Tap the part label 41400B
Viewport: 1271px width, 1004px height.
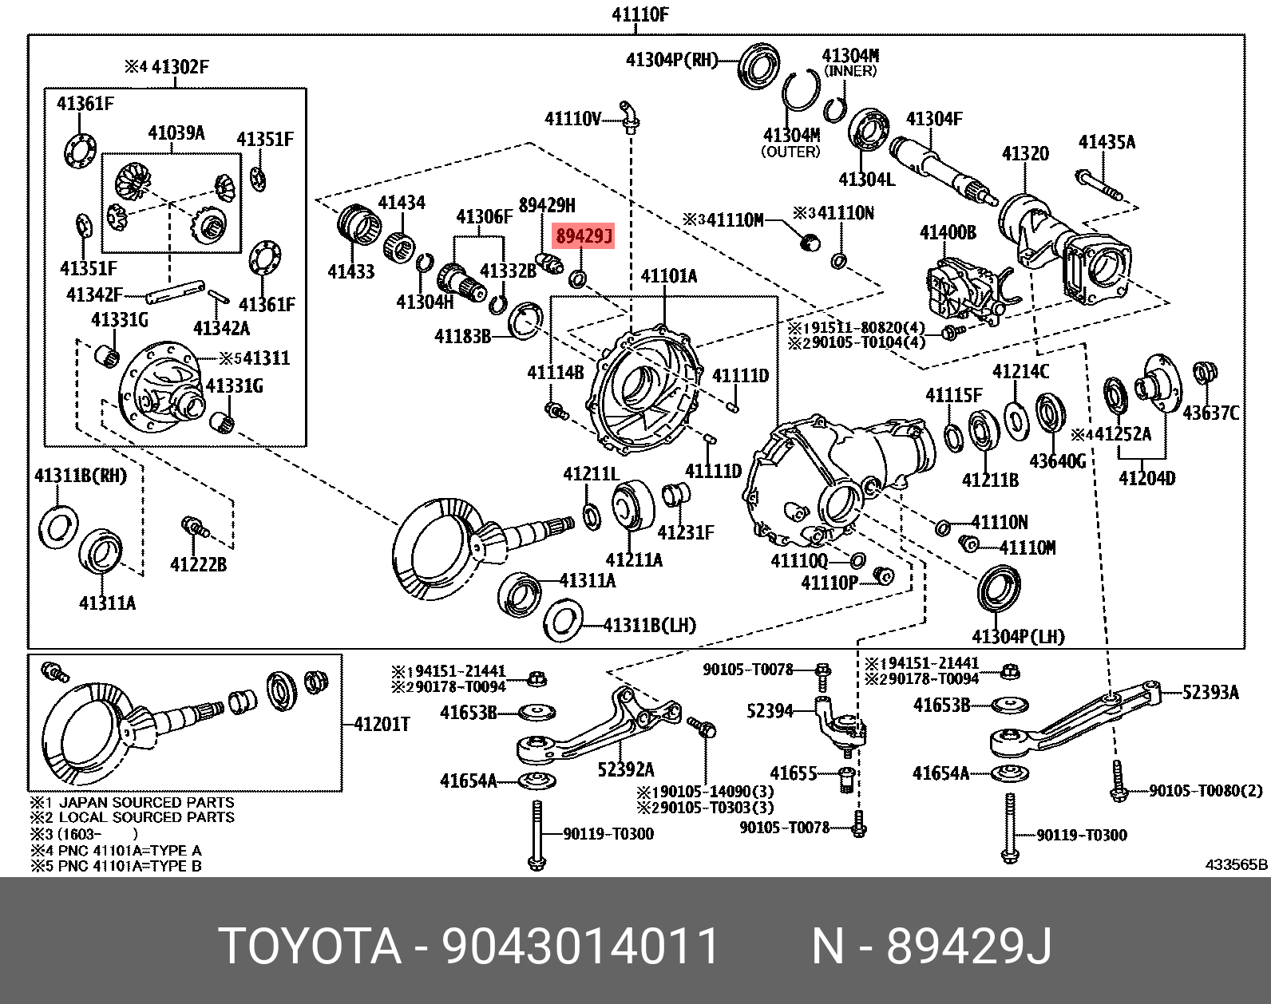[947, 233]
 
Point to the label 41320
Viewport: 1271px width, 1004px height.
[1025, 153]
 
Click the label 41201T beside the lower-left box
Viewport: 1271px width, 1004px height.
[382, 724]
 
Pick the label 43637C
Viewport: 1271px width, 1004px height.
[1210, 413]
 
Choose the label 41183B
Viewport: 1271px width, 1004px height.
[462, 336]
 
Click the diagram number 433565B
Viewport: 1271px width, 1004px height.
[1236, 864]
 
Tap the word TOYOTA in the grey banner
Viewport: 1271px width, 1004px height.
[310, 947]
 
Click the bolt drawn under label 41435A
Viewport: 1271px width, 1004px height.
[1099, 186]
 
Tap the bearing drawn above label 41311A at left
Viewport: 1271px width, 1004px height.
[101, 550]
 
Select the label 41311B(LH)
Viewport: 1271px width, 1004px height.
[649, 625]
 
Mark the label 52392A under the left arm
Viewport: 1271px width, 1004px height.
[626, 769]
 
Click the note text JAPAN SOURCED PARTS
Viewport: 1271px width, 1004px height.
[147, 802]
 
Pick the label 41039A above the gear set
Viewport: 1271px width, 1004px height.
[176, 132]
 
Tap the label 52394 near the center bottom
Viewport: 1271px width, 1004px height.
[770, 710]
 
